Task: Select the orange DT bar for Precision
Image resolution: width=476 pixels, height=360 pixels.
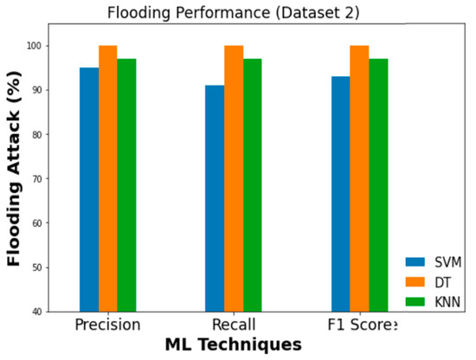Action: point(107,178)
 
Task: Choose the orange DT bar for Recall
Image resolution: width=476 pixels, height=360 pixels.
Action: point(234,178)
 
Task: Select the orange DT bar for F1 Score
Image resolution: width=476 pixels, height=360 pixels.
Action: point(359,178)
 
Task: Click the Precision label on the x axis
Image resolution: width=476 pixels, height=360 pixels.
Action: point(107,325)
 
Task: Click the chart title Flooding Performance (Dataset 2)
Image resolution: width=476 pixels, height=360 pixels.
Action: point(234,12)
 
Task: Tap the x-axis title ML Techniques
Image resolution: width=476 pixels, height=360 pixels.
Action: point(234,344)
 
